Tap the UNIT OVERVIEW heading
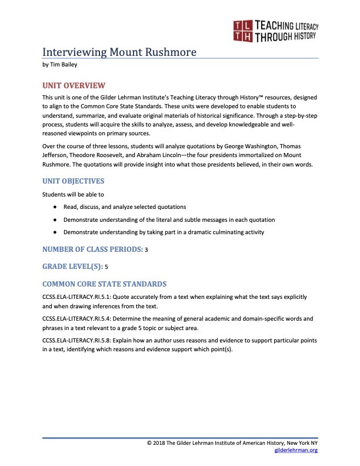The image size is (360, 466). (74, 85)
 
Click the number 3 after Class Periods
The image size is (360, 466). (146, 250)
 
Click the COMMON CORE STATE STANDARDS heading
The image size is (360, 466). (105, 284)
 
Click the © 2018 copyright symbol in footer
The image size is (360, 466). (149, 442)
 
